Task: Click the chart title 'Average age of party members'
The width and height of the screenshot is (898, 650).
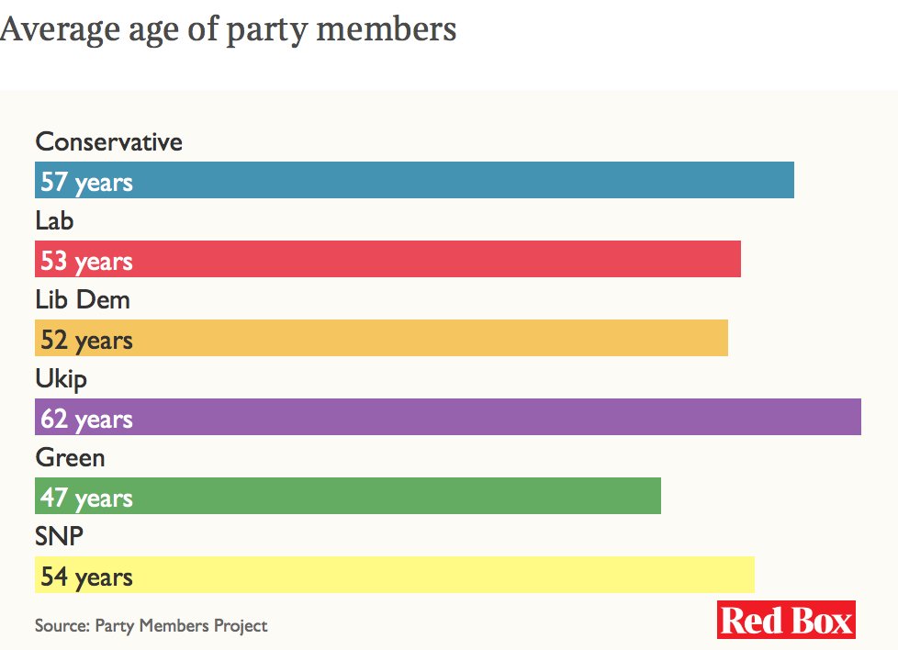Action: tap(228, 29)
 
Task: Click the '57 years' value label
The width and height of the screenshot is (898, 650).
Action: tap(86, 182)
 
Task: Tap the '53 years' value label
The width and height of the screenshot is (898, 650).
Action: tap(86, 261)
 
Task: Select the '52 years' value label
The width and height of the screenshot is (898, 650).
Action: tap(86, 340)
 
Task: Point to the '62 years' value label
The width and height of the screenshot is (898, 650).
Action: tap(86, 419)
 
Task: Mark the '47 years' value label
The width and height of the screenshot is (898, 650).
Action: tap(86, 498)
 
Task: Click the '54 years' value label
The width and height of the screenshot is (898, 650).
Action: tap(86, 577)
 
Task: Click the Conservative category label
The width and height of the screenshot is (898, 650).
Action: tap(108, 141)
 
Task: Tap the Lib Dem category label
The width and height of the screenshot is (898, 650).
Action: tap(83, 299)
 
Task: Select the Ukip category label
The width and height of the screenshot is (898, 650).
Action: tap(61, 378)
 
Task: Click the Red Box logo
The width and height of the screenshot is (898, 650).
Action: tap(786, 620)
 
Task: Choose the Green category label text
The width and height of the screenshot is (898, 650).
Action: tap(70, 457)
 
